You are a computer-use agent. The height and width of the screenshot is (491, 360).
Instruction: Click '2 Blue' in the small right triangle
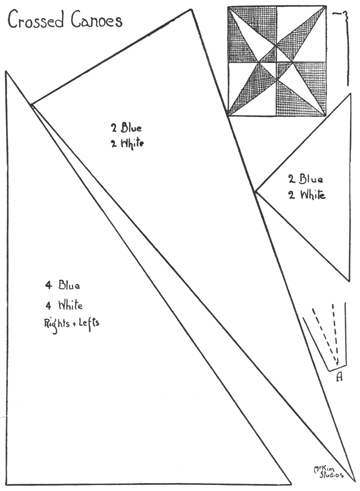tap(305, 179)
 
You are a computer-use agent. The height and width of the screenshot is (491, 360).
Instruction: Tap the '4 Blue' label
tap(63, 285)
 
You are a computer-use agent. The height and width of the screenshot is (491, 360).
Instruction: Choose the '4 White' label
tap(64, 304)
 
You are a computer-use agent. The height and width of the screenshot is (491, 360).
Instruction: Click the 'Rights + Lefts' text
tap(70, 323)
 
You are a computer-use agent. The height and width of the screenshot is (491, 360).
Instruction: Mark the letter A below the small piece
tap(339, 376)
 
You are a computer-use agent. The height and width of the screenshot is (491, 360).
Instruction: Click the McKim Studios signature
tap(321, 469)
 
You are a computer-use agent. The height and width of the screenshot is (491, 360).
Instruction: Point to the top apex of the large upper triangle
tap(190, 9)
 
